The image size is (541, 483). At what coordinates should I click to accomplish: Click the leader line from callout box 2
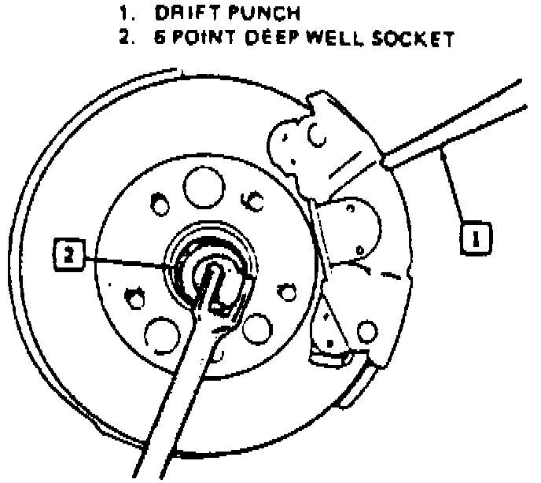126,260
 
